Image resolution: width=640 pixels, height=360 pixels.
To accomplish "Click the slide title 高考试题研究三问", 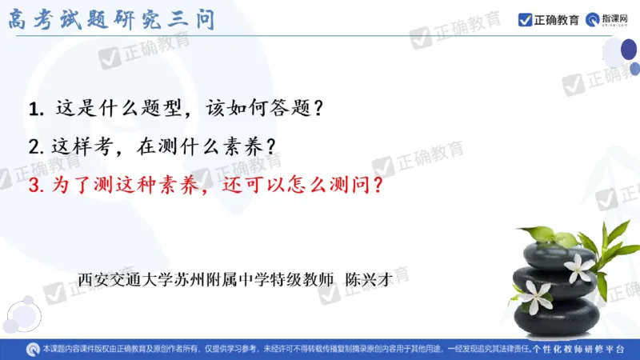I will tap(112, 18).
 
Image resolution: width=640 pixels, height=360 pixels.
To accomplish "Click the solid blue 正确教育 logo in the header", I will tap(549, 19).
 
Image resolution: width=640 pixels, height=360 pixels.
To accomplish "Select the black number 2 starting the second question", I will tap(33, 147).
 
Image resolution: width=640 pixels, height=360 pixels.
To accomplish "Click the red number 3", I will tap(33, 186).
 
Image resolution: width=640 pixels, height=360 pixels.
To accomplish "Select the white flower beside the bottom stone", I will tap(532, 297).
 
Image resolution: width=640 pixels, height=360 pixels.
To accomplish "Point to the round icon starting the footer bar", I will tap(32, 350).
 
